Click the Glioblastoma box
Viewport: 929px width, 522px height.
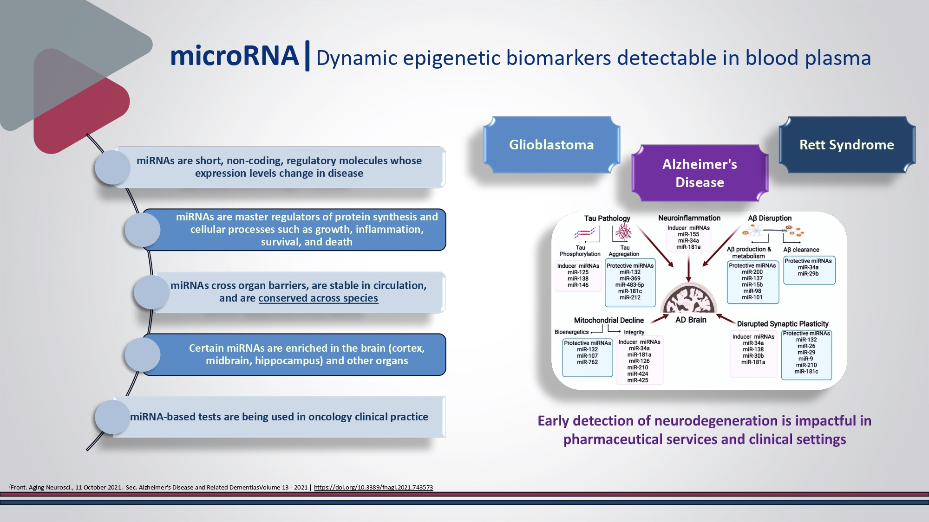coord(551,145)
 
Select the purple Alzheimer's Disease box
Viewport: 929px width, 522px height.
coord(700,173)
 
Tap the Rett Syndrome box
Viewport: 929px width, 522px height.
coord(846,145)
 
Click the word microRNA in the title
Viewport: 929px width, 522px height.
coord(235,56)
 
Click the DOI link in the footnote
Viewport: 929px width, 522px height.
coord(373,487)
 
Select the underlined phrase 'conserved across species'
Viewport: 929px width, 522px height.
coord(318,298)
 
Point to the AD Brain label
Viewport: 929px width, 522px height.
coord(691,320)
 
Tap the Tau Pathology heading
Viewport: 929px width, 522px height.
coord(607,218)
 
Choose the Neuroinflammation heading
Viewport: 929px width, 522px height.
coord(689,218)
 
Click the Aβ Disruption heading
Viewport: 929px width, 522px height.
coord(770,218)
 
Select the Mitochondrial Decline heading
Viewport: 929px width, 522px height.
coord(608,320)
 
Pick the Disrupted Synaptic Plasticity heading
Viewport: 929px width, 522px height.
coord(783,324)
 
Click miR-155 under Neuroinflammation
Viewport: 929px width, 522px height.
coord(688,234)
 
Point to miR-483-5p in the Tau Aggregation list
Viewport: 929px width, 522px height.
coord(630,285)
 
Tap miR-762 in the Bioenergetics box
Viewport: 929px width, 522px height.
coord(587,362)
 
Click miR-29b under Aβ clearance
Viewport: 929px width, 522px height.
coord(808,274)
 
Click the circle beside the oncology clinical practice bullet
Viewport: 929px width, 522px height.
coord(112,417)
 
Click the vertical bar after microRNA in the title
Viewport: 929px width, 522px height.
coord(307,56)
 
